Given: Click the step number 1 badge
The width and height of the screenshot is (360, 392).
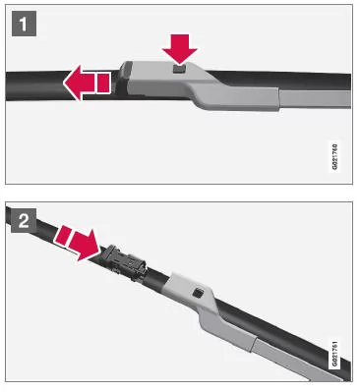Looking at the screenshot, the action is [24, 24].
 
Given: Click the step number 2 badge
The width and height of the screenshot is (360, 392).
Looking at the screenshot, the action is [24, 221].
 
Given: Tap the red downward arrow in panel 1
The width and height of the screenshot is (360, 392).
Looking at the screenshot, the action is [180, 48].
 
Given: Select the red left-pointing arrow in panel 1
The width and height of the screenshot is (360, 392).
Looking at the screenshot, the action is [87, 83].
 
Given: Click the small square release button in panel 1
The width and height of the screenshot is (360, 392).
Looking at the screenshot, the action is [179, 69].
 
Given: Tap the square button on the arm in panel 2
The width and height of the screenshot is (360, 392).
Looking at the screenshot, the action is [197, 293].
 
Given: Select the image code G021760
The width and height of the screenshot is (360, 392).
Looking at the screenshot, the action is [334, 156].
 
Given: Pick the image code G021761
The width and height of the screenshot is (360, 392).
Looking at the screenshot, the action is [334, 354].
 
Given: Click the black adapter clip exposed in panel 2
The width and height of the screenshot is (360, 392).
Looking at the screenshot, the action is [125, 261].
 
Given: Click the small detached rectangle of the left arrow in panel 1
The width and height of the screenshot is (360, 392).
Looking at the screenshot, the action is [103, 83].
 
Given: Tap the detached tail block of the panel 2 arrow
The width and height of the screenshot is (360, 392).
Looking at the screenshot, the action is [62, 236].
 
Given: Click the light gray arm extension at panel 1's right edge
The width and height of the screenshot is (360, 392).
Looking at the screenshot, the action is [315, 99].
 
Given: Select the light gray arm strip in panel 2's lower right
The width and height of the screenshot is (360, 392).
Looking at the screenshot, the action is [292, 361].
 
